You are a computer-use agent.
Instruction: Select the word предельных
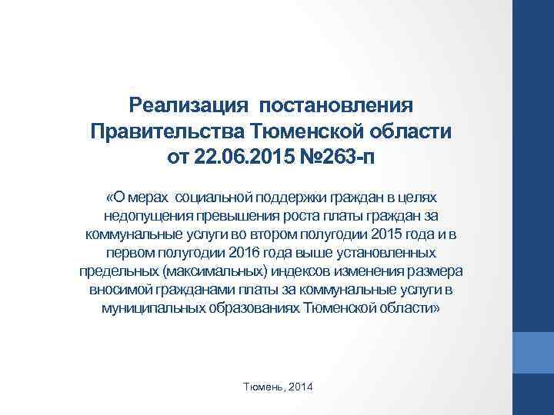point(118,272)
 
